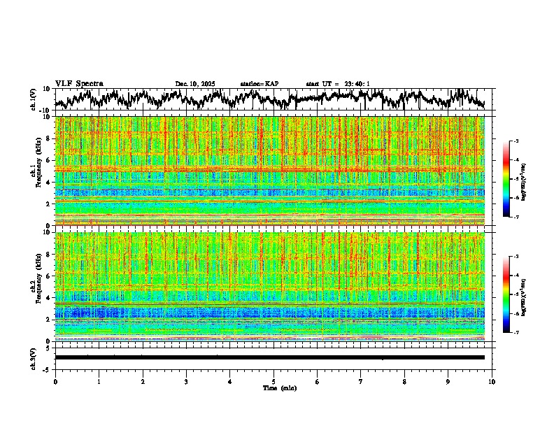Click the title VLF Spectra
point(79,83)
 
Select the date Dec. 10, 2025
point(195,84)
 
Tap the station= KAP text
point(260,84)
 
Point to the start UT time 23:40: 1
point(338,84)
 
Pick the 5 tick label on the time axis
point(274,382)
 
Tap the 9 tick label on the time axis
point(449,382)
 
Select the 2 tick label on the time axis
point(143,382)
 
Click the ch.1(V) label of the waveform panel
point(34,99)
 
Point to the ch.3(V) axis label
point(34,357)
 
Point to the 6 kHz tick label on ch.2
point(48,276)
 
